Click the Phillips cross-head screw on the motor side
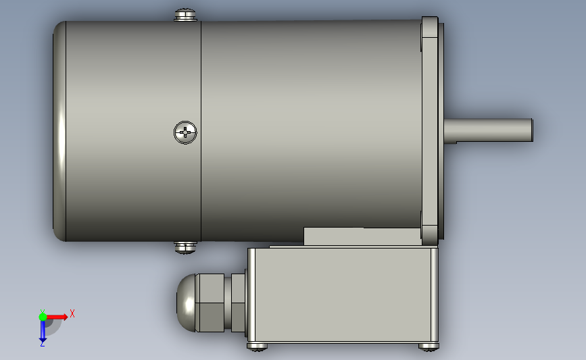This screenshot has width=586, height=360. pos(185,132)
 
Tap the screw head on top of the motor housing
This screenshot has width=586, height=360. pos(185,15)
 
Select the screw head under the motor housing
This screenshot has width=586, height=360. pos(185,248)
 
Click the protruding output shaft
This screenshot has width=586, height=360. pos(489,130)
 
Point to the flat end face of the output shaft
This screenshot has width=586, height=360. pos(532,130)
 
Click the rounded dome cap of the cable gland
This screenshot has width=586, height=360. pos(186,303)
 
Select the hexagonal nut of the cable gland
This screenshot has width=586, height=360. pos(210,303)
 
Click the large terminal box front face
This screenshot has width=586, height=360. pos(343,294)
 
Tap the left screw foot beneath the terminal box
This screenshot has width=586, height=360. pos(258,347)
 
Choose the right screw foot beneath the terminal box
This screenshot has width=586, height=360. pos(429,347)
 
